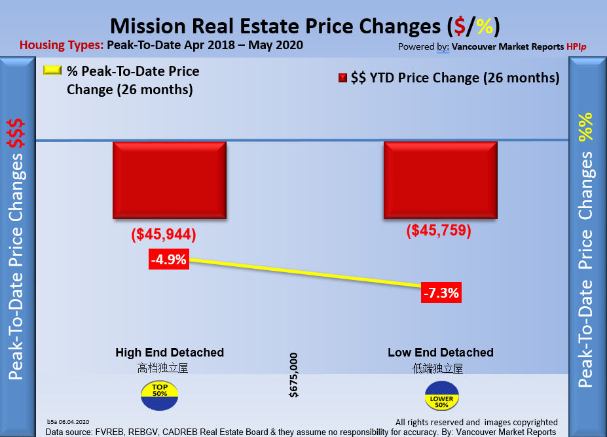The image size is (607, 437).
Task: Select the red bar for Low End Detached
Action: pos(440,181)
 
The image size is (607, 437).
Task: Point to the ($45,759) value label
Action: pos(439,231)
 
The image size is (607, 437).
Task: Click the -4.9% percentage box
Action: pos(168,260)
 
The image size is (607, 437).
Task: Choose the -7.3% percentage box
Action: pos(441,292)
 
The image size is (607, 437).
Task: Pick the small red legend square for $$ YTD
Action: pos(342,79)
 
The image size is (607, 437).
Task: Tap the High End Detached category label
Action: pos(170,353)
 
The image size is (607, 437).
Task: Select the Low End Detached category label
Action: pos(440,353)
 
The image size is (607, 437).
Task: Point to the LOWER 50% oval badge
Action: pos(441,396)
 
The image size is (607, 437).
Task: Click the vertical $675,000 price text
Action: pos(293,375)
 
